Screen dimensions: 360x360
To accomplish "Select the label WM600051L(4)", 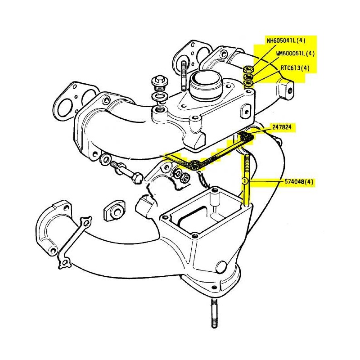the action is pos(295,53).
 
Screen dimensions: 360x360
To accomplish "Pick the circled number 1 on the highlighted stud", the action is pos(245,181).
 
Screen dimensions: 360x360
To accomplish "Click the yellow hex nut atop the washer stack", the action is pos(248,69).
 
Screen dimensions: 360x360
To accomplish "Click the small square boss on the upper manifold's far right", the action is pos(285,88).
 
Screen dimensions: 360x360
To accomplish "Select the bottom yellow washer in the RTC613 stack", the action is pos(247,84).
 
